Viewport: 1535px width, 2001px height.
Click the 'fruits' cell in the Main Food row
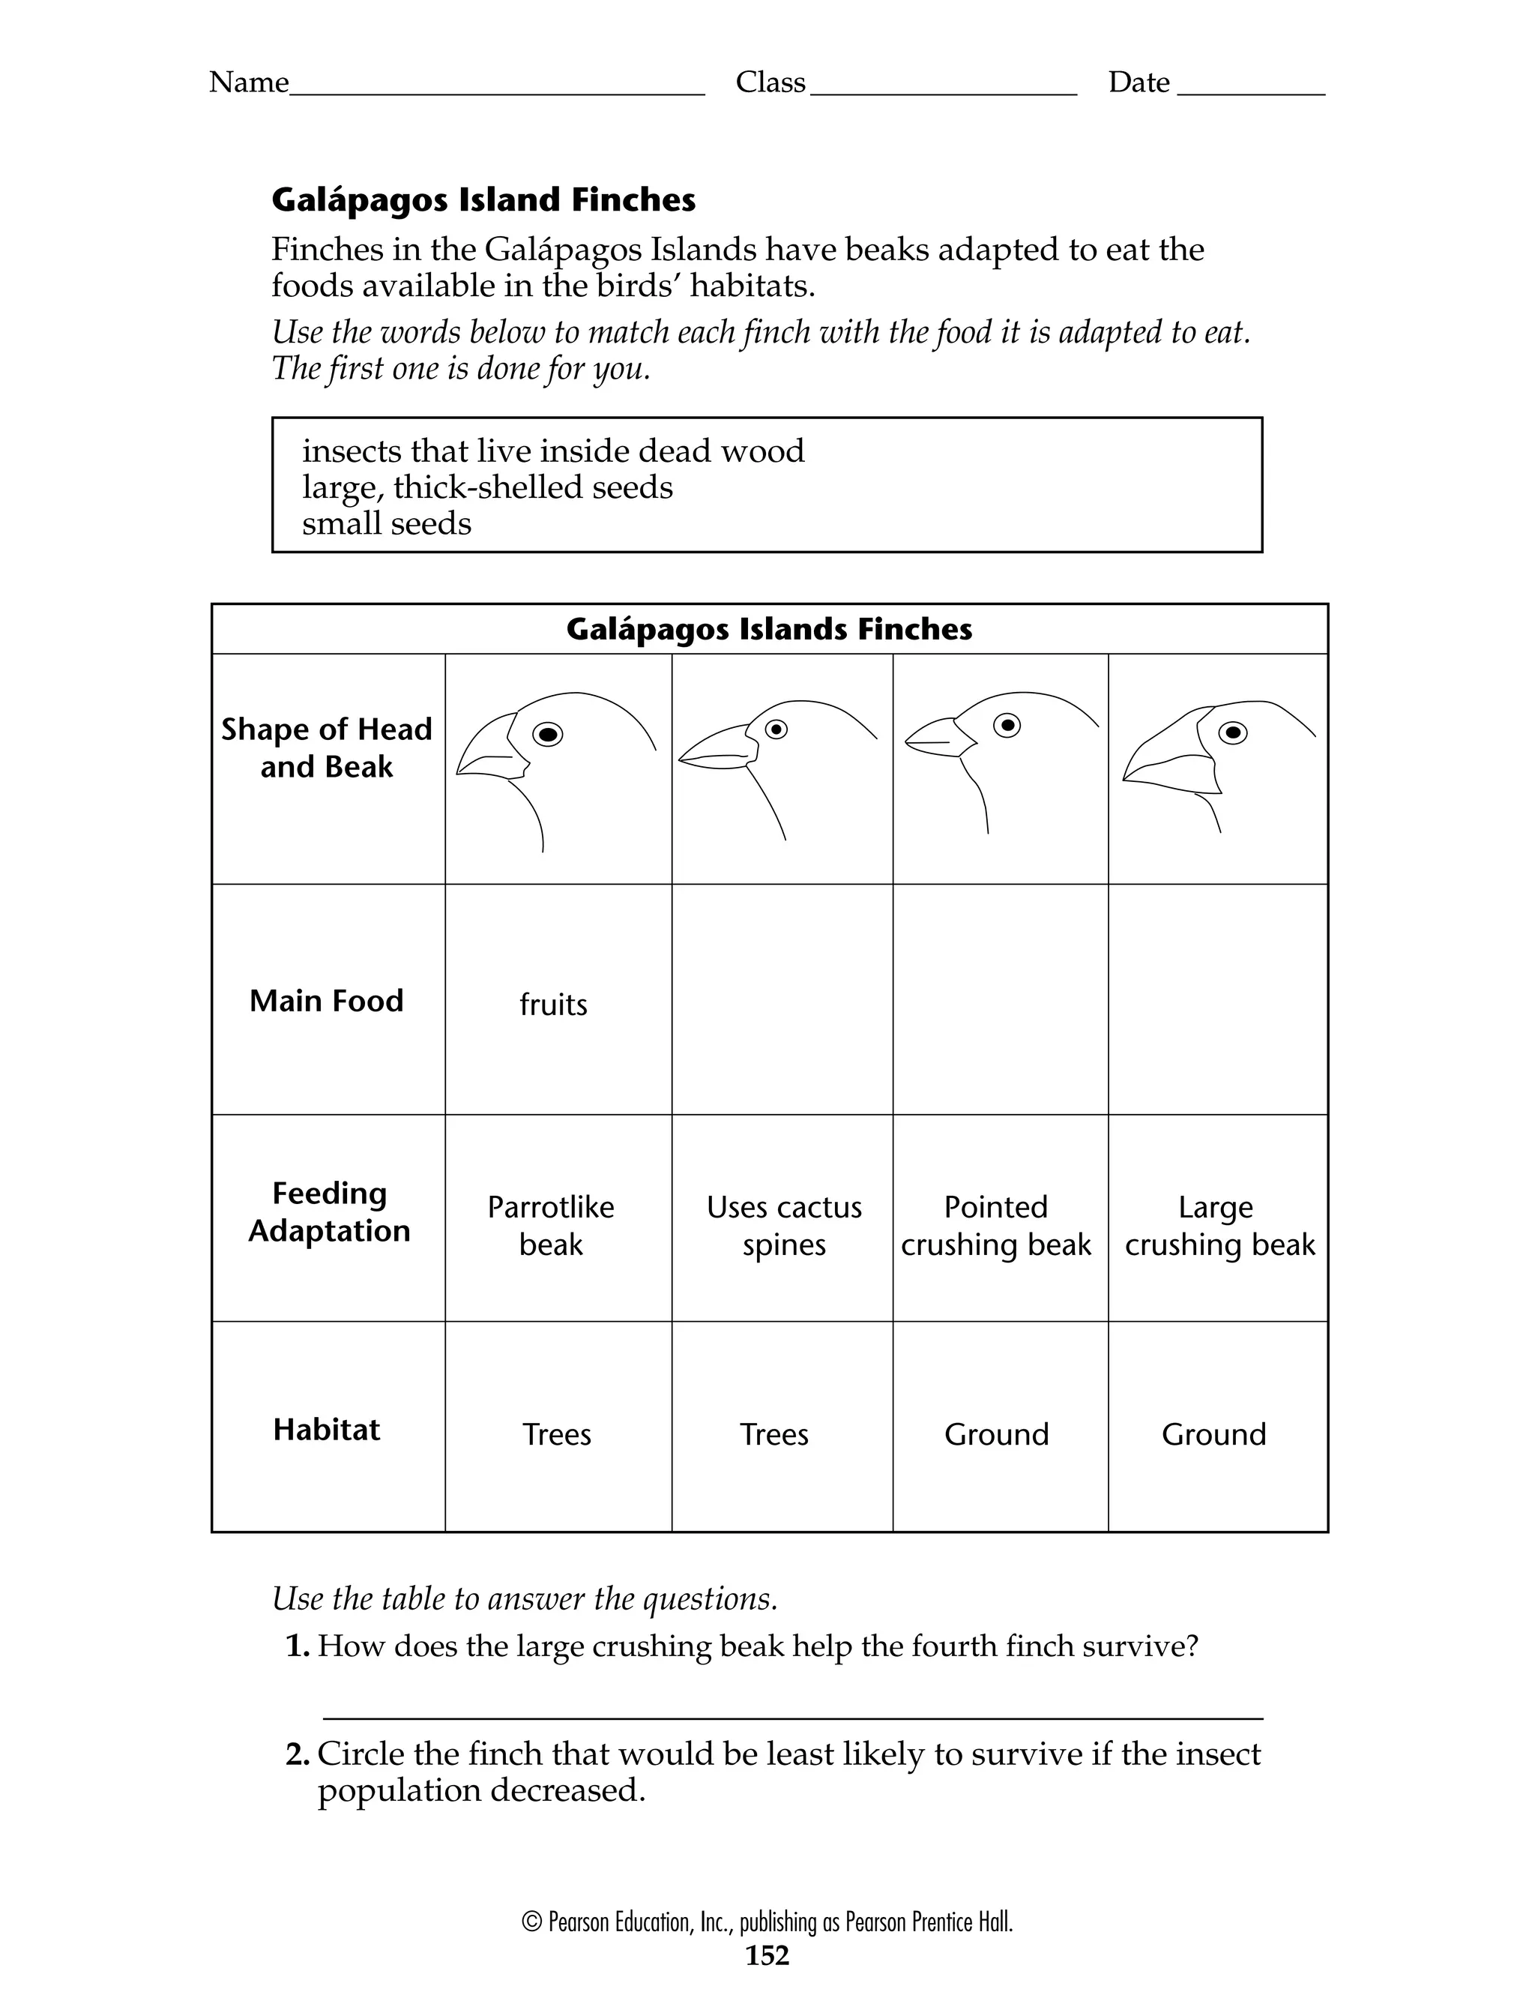tap(553, 1004)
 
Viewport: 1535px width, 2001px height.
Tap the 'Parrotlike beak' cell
tap(550, 1225)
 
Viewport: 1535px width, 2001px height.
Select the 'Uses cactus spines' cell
tap(783, 1225)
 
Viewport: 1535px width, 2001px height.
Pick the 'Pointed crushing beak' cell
tap(996, 1225)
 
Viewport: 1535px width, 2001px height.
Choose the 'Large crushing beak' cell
tap(1219, 1225)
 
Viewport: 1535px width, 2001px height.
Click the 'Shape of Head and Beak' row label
tap(326, 747)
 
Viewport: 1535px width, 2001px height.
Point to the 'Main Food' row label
tap(326, 1000)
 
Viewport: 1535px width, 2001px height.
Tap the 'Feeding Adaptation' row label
tap(329, 1212)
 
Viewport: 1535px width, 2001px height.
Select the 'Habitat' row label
tap(326, 1429)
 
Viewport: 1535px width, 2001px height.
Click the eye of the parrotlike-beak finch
tap(547, 734)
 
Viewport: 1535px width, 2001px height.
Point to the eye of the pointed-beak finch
tap(1007, 724)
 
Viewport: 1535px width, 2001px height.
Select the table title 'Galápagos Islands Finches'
tap(768, 628)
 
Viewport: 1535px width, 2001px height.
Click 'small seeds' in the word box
tap(387, 523)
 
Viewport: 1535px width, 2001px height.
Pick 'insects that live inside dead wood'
tap(553, 451)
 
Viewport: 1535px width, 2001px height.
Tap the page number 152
tap(767, 1955)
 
